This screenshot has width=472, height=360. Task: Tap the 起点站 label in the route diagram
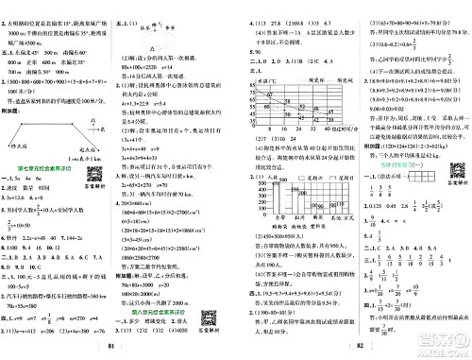97,123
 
